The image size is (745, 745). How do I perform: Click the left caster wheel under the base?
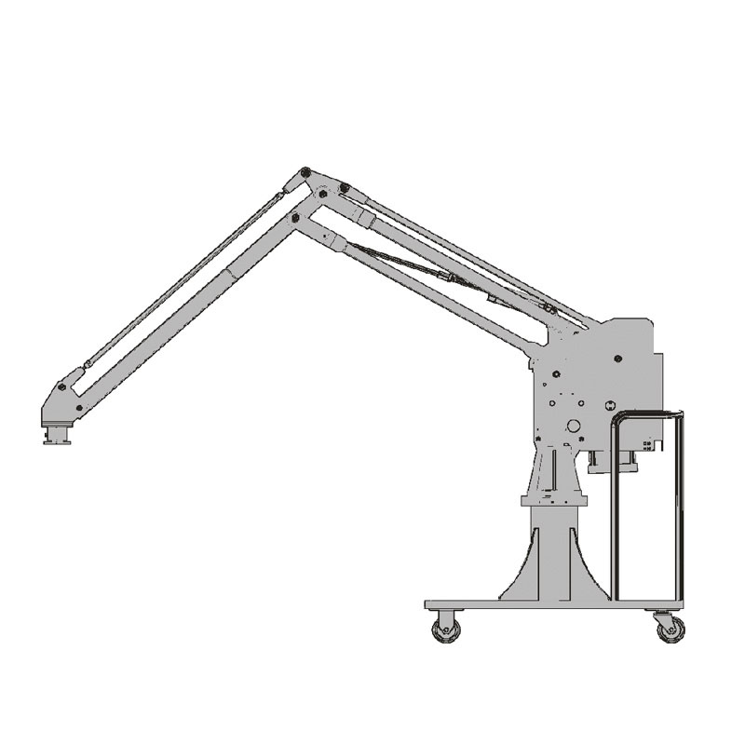(446, 630)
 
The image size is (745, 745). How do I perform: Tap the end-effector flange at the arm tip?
(57, 435)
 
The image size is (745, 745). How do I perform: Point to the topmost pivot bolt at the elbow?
(305, 173)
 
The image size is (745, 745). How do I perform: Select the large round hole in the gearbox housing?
(574, 426)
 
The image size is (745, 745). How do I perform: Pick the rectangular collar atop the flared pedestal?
(554, 501)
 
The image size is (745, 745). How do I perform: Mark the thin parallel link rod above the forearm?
(186, 278)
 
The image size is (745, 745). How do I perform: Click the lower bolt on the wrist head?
(79, 408)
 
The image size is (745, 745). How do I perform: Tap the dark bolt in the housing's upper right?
(618, 357)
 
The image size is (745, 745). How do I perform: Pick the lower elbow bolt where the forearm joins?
(296, 217)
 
